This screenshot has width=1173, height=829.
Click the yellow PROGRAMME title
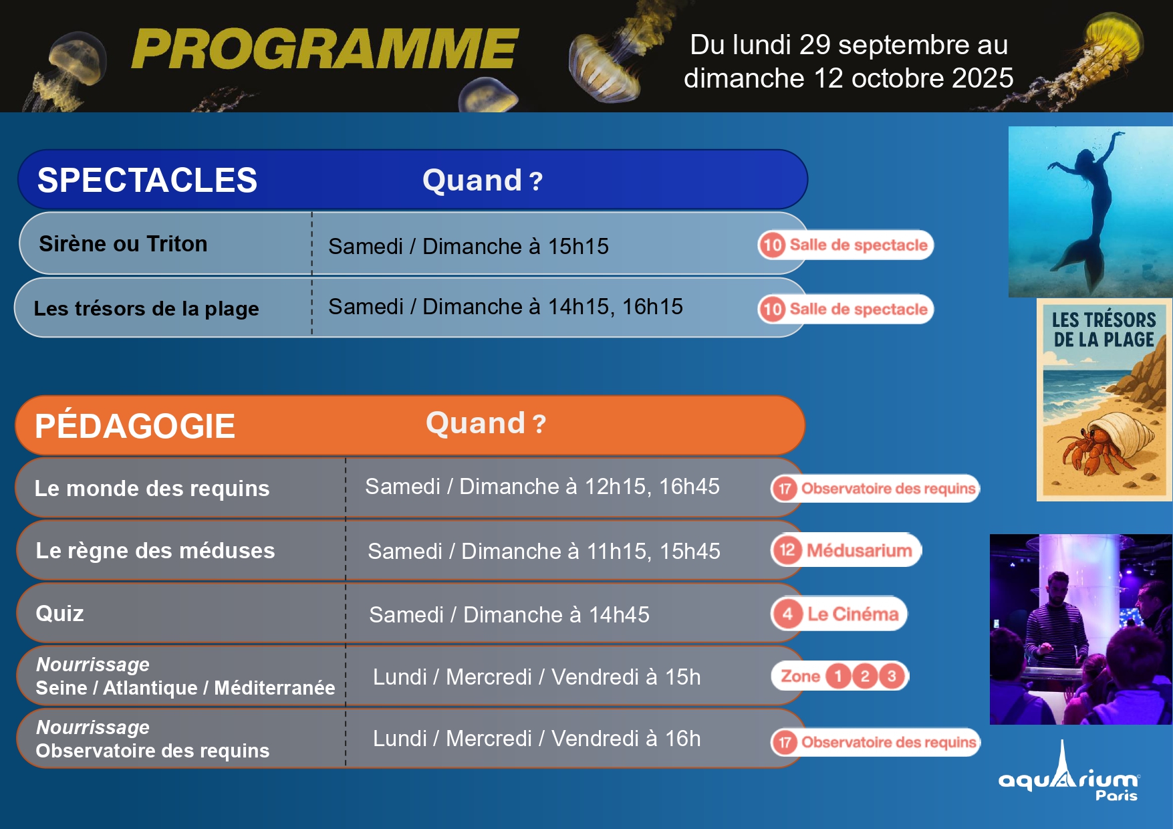click(325, 49)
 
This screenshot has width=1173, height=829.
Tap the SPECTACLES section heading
click(147, 180)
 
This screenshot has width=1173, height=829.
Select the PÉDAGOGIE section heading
click(135, 426)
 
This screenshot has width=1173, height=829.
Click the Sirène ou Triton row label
click(123, 243)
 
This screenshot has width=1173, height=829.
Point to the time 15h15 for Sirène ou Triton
click(578, 247)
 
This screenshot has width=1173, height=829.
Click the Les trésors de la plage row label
click(146, 308)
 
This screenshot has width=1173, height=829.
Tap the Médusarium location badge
click(846, 550)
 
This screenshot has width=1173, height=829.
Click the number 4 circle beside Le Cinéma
click(787, 614)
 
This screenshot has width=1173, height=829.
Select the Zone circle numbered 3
click(892, 676)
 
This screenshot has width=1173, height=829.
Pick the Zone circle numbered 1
click(838, 676)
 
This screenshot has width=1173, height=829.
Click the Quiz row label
click(59, 613)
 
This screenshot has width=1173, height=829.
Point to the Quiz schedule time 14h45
click(619, 614)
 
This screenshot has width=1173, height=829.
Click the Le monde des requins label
click(152, 488)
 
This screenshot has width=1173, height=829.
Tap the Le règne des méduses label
click(155, 550)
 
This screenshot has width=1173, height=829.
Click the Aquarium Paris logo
click(1069, 772)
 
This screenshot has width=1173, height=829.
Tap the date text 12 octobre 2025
click(914, 78)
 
